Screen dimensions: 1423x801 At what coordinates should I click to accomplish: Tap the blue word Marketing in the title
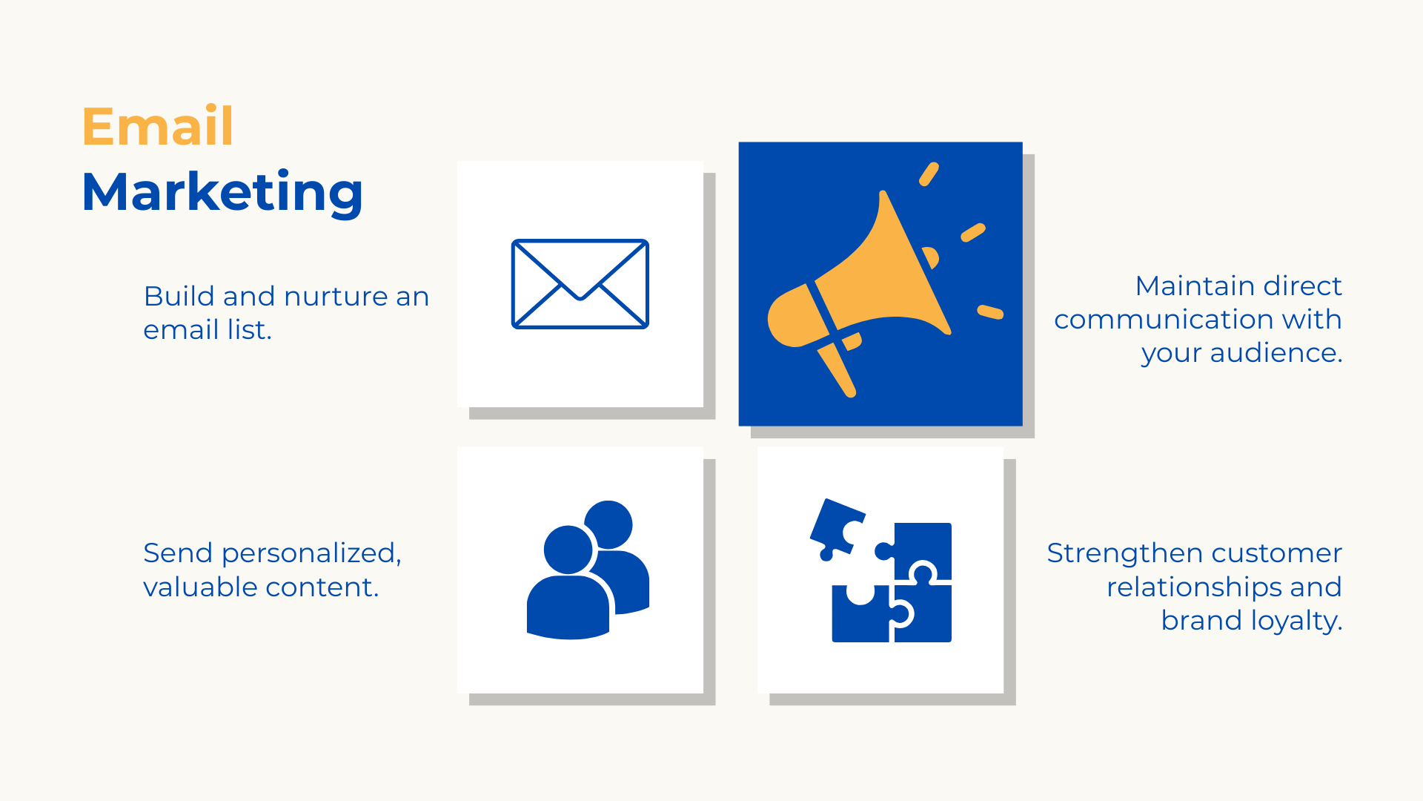[222, 192]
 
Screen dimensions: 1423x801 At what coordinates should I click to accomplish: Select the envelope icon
[580, 284]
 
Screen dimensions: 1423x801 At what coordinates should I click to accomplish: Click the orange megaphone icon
[885, 280]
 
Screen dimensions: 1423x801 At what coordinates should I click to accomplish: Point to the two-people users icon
[588, 570]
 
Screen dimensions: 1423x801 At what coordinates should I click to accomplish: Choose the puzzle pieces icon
[881, 570]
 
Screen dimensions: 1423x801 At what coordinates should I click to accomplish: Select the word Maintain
[1195, 286]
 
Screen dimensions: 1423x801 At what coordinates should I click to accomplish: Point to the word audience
[1276, 353]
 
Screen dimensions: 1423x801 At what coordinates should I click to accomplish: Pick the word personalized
[311, 554]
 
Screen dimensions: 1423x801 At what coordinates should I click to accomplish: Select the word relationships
[1194, 587]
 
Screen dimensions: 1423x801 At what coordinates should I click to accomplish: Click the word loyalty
[1297, 621]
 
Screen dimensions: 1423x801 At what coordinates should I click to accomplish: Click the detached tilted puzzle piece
[837, 530]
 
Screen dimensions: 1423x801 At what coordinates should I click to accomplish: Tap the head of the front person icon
[568, 550]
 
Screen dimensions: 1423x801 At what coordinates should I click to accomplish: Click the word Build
[179, 297]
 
